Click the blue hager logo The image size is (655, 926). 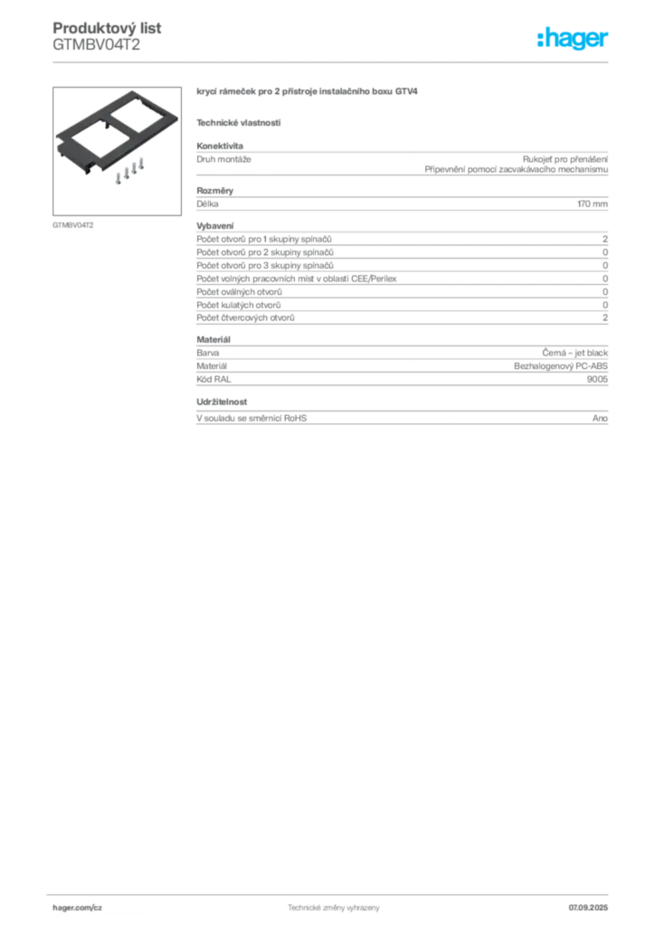coord(573,40)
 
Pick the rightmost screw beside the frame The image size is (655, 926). coord(141,168)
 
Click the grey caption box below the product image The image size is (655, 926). coord(72,223)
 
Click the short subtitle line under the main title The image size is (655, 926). coord(239,122)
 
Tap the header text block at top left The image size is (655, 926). coord(97,36)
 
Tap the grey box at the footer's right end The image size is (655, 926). coord(593,903)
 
